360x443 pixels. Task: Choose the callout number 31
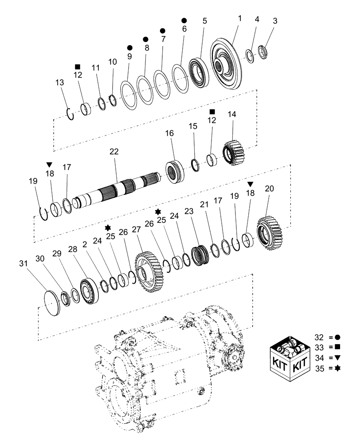tap(23, 264)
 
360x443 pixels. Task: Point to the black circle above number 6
tap(184, 20)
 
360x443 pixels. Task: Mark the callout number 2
tap(84, 243)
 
